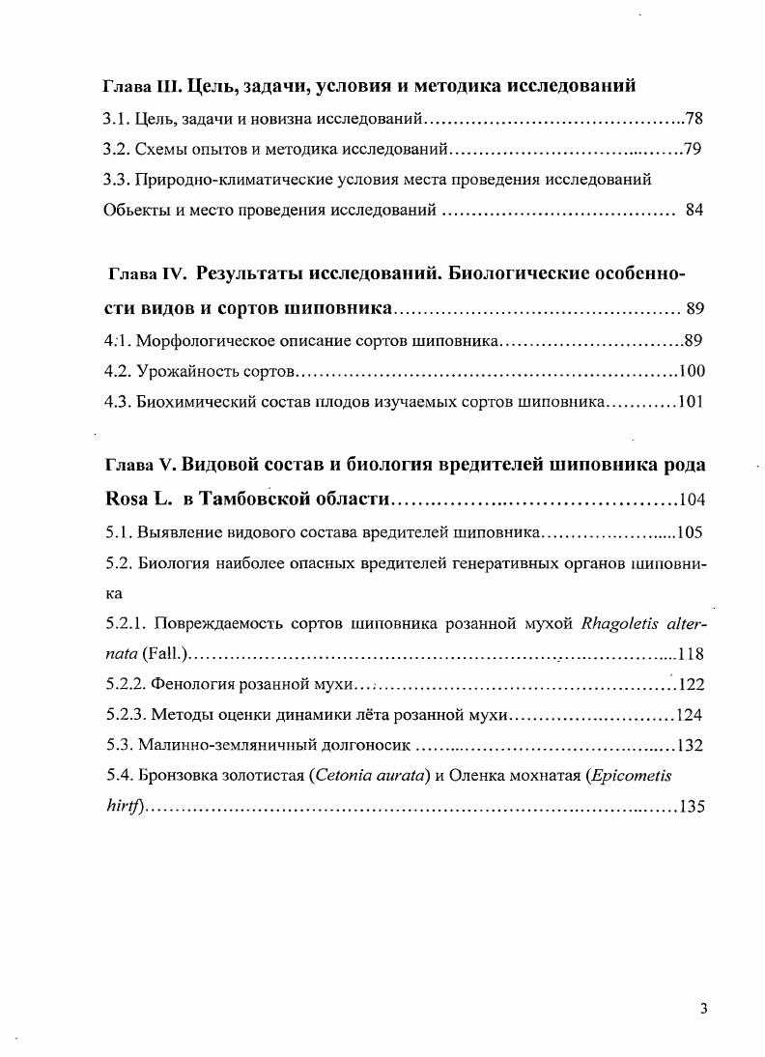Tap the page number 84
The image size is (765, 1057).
(x=694, y=210)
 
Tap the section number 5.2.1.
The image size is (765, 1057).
(x=126, y=622)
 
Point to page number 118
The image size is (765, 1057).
(x=693, y=653)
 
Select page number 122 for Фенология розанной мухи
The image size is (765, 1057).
(x=692, y=684)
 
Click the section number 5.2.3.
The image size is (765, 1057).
(x=126, y=715)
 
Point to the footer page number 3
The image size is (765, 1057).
(x=704, y=1010)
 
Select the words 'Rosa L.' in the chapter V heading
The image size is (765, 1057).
(x=136, y=500)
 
